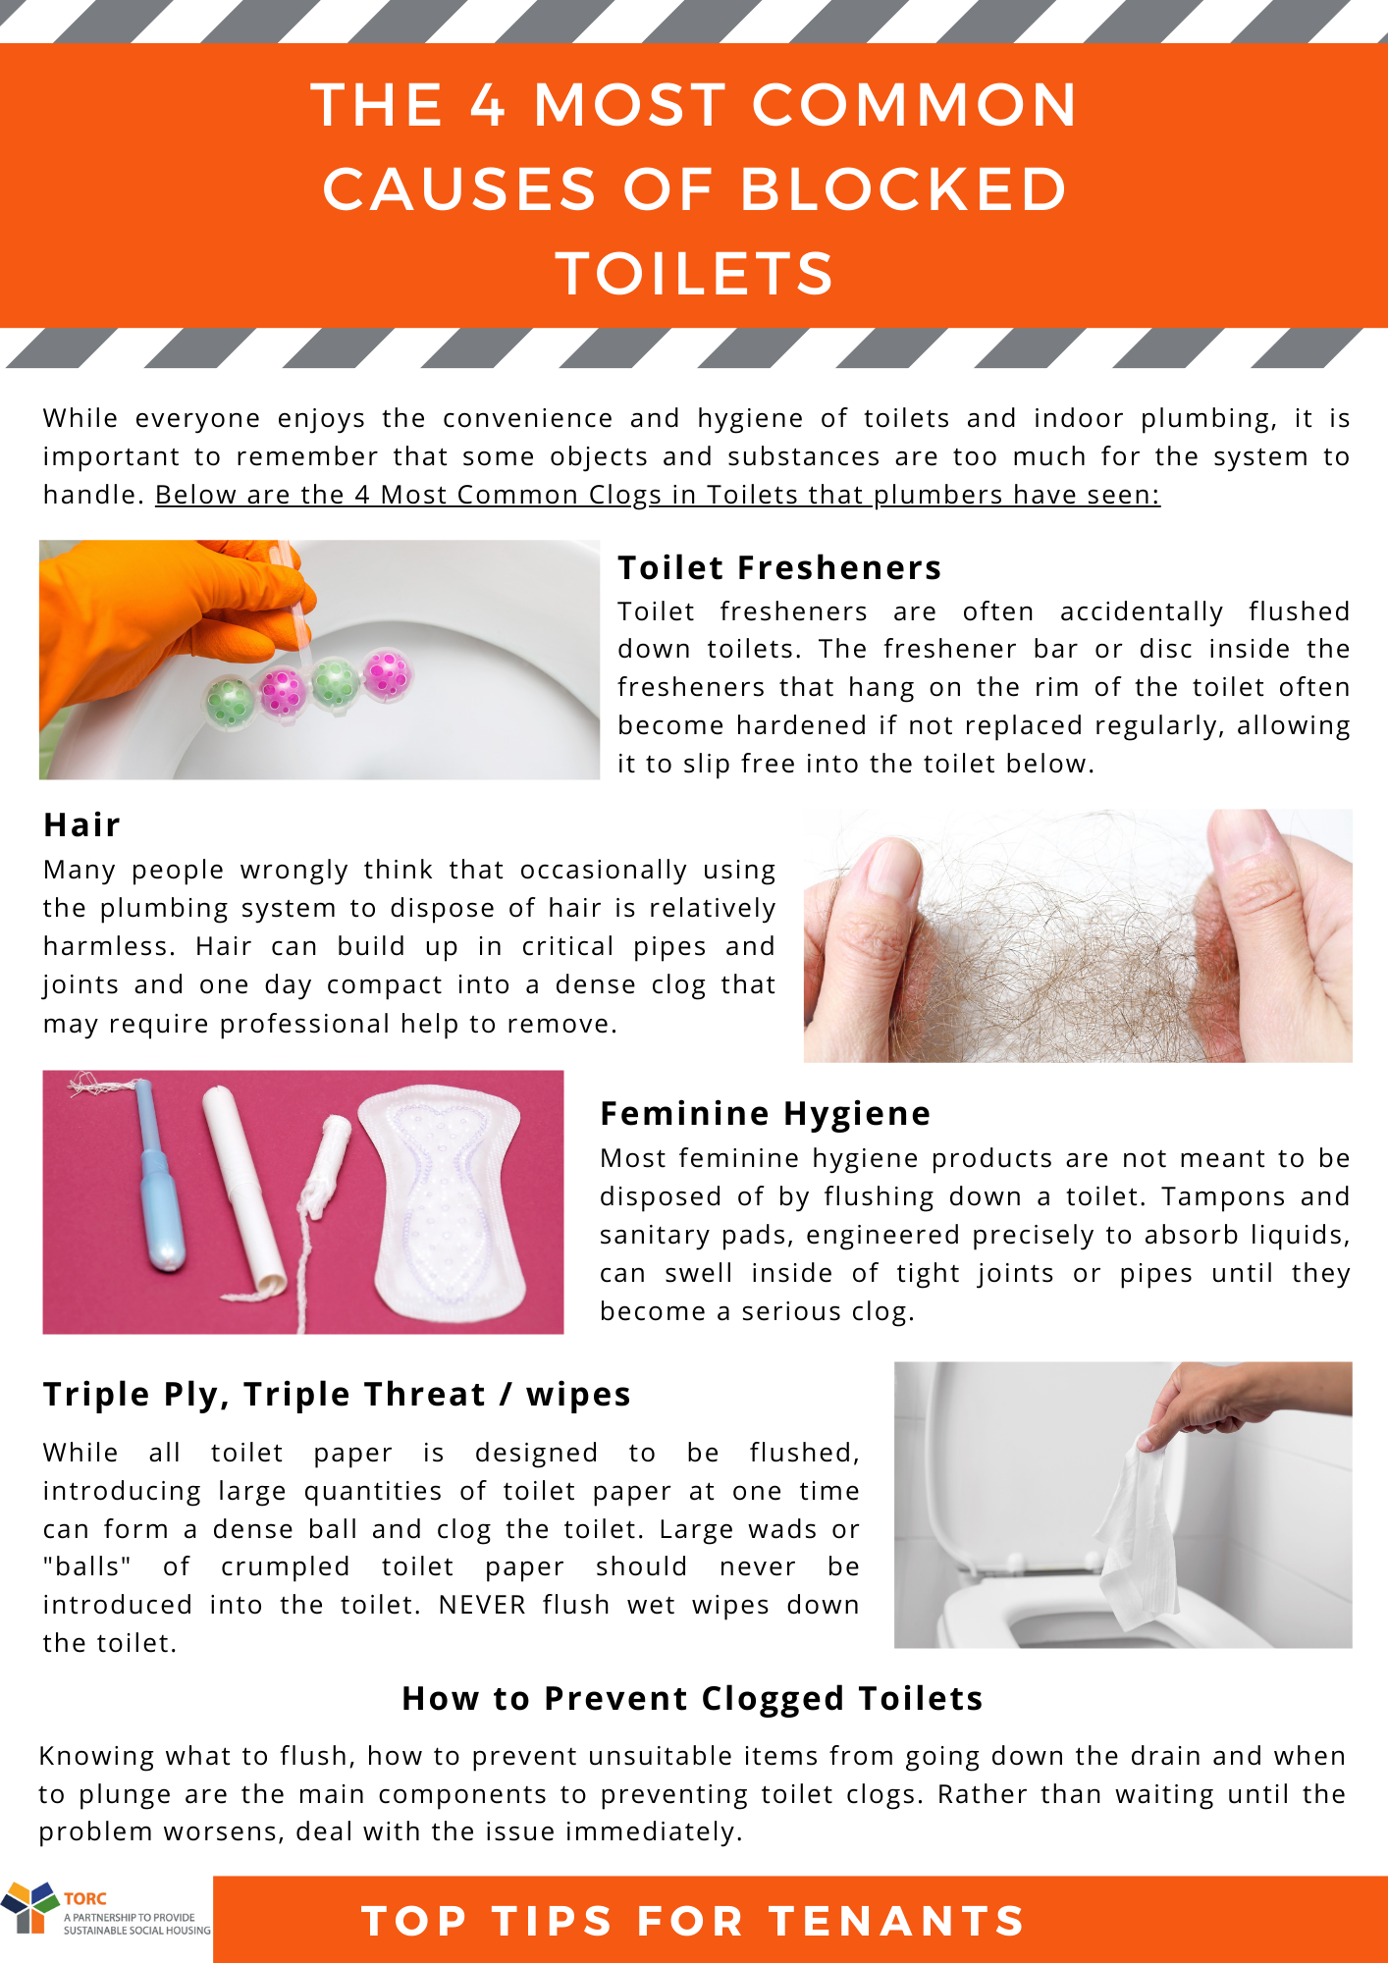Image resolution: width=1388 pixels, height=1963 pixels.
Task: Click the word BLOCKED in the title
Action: [x=903, y=188]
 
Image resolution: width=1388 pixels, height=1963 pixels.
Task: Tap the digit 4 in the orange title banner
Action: [x=488, y=105]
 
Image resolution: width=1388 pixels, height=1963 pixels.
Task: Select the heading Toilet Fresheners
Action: [x=779, y=567]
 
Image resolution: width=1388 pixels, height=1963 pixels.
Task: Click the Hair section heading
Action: [x=81, y=824]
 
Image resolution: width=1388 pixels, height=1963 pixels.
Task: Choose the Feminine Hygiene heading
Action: [x=765, y=1114]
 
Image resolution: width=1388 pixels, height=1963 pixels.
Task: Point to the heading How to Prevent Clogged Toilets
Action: [x=692, y=1698]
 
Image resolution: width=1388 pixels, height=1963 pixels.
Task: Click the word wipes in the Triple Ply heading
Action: [x=578, y=1396]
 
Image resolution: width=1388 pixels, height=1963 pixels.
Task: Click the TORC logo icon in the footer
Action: [x=29, y=1906]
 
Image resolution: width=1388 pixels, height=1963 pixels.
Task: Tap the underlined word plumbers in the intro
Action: [x=938, y=495]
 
